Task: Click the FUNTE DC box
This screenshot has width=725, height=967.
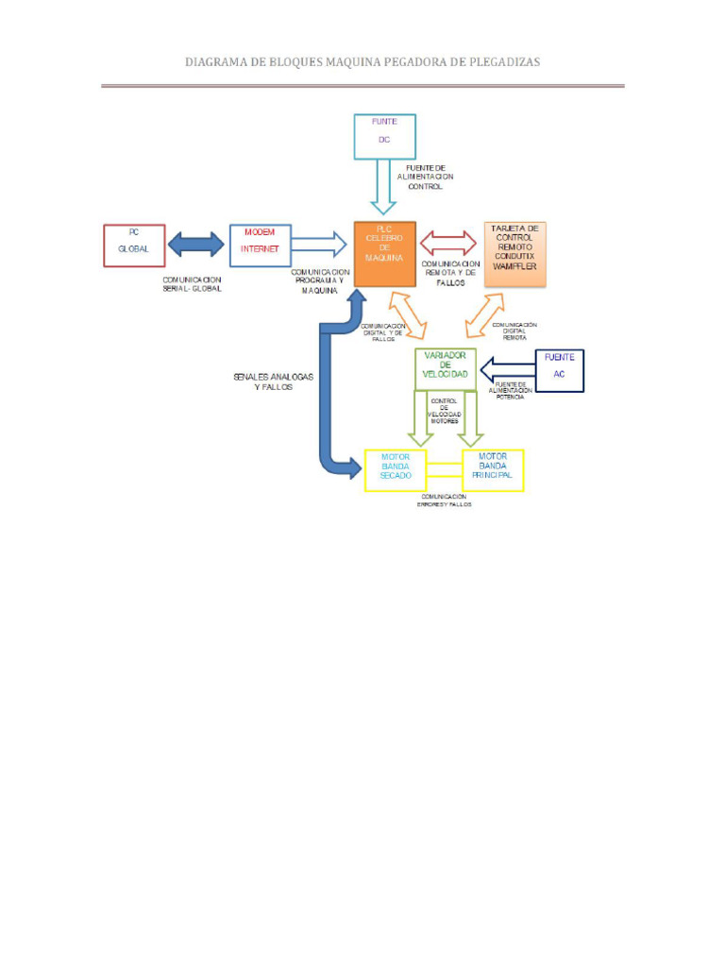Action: pyautogui.click(x=384, y=136)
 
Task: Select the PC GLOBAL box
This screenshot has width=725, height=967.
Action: pyautogui.click(x=134, y=246)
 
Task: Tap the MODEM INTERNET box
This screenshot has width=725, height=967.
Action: pyautogui.click(x=261, y=246)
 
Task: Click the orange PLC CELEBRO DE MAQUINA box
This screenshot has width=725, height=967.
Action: pyautogui.click(x=384, y=253)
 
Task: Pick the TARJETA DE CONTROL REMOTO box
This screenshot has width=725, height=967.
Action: pyautogui.click(x=514, y=253)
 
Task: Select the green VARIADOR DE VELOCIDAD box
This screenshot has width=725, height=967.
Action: pyautogui.click(x=446, y=368)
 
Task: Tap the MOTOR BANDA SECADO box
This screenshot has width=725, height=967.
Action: pyautogui.click(x=396, y=469)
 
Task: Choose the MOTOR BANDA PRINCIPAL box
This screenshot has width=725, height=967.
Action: pyautogui.click(x=492, y=469)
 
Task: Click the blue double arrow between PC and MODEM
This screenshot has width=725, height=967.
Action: pyautogui.click(x=197, y=245)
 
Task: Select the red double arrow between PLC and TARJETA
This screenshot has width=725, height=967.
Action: pyautogui.click(x=450, y=243)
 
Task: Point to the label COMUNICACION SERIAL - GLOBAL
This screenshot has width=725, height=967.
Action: pyautogui.click(x=193, y=284)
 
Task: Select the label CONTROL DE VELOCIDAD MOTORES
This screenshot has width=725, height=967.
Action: pyautogui.click(x=444, y=411)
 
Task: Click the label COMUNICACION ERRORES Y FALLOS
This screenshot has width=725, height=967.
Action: pyautogui.click(x=445, y=500)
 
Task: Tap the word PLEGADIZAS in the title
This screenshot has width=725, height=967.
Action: pyautogui.click(x=498, y=61)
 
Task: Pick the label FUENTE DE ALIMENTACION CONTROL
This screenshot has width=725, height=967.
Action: pyautogui.click(x=425, y=177)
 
